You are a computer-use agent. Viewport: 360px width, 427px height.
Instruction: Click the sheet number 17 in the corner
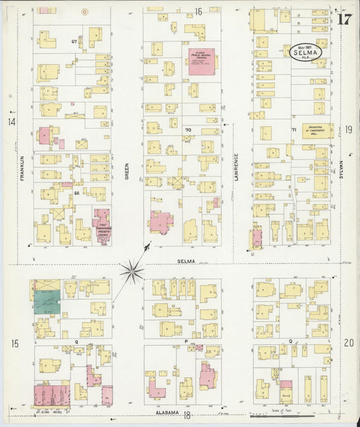[344, 19]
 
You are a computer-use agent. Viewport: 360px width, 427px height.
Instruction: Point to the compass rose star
[132, 272]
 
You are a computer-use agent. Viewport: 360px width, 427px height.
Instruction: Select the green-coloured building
[47, 302]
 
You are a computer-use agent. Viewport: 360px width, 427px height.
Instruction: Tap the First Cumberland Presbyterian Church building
[102, 226]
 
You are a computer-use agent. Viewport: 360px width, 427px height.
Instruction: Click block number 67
[74, 41]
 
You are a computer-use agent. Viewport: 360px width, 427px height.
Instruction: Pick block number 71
[294, 129]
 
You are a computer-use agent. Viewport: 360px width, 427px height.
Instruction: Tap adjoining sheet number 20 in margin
[348, 343]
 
